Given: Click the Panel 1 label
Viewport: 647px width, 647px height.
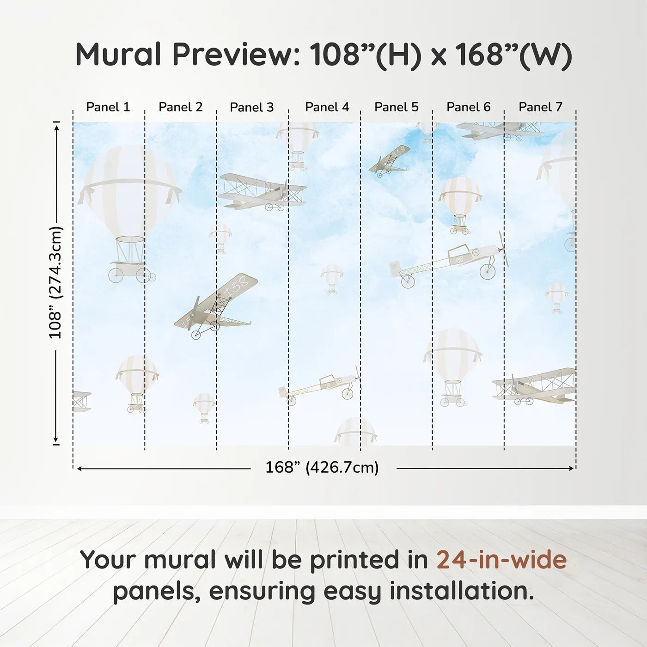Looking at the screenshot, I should point(108,107).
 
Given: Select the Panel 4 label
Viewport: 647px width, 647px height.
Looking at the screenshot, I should point(327,107).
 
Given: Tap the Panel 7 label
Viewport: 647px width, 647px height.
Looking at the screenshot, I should point(540,107).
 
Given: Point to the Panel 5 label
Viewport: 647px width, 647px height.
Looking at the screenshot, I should point(396,107).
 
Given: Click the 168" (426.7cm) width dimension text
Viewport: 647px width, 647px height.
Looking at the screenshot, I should point(322,468).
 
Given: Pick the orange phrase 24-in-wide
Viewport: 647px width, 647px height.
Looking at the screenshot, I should point(501,560).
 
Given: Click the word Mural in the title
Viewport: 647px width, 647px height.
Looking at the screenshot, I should point(118,55).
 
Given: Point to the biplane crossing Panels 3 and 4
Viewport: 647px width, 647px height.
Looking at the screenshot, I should point(262,192).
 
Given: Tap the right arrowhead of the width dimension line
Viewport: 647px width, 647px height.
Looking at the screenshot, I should point(571,468).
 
